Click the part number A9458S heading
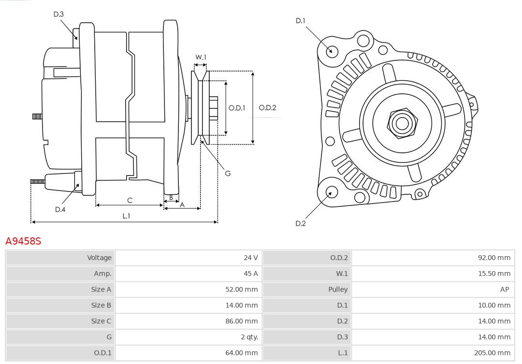(x=23, y=241)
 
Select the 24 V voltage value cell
(x=250, y=258)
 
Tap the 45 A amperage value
(x=250, y=274)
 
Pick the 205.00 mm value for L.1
(x=492, y=353)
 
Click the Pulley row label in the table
(x=338, y=290)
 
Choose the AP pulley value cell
(x=505, y=290)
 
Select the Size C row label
(x=101, y=321)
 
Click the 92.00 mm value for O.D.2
(x=494, y=258)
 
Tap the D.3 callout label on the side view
(x=58, y=15)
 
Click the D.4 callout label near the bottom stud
(x=60, y=209)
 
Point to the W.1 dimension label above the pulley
(x=201, y=58)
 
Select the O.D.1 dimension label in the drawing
(x=237, y=108)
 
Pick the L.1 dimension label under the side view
(x=126, y=216)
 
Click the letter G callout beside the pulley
(x=228, y=173)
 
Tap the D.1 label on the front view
(x=301, y=21)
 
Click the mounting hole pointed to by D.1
(x=332, y=51)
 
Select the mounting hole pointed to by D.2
(x=331, y=192)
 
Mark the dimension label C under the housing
(x=130, y=200)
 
